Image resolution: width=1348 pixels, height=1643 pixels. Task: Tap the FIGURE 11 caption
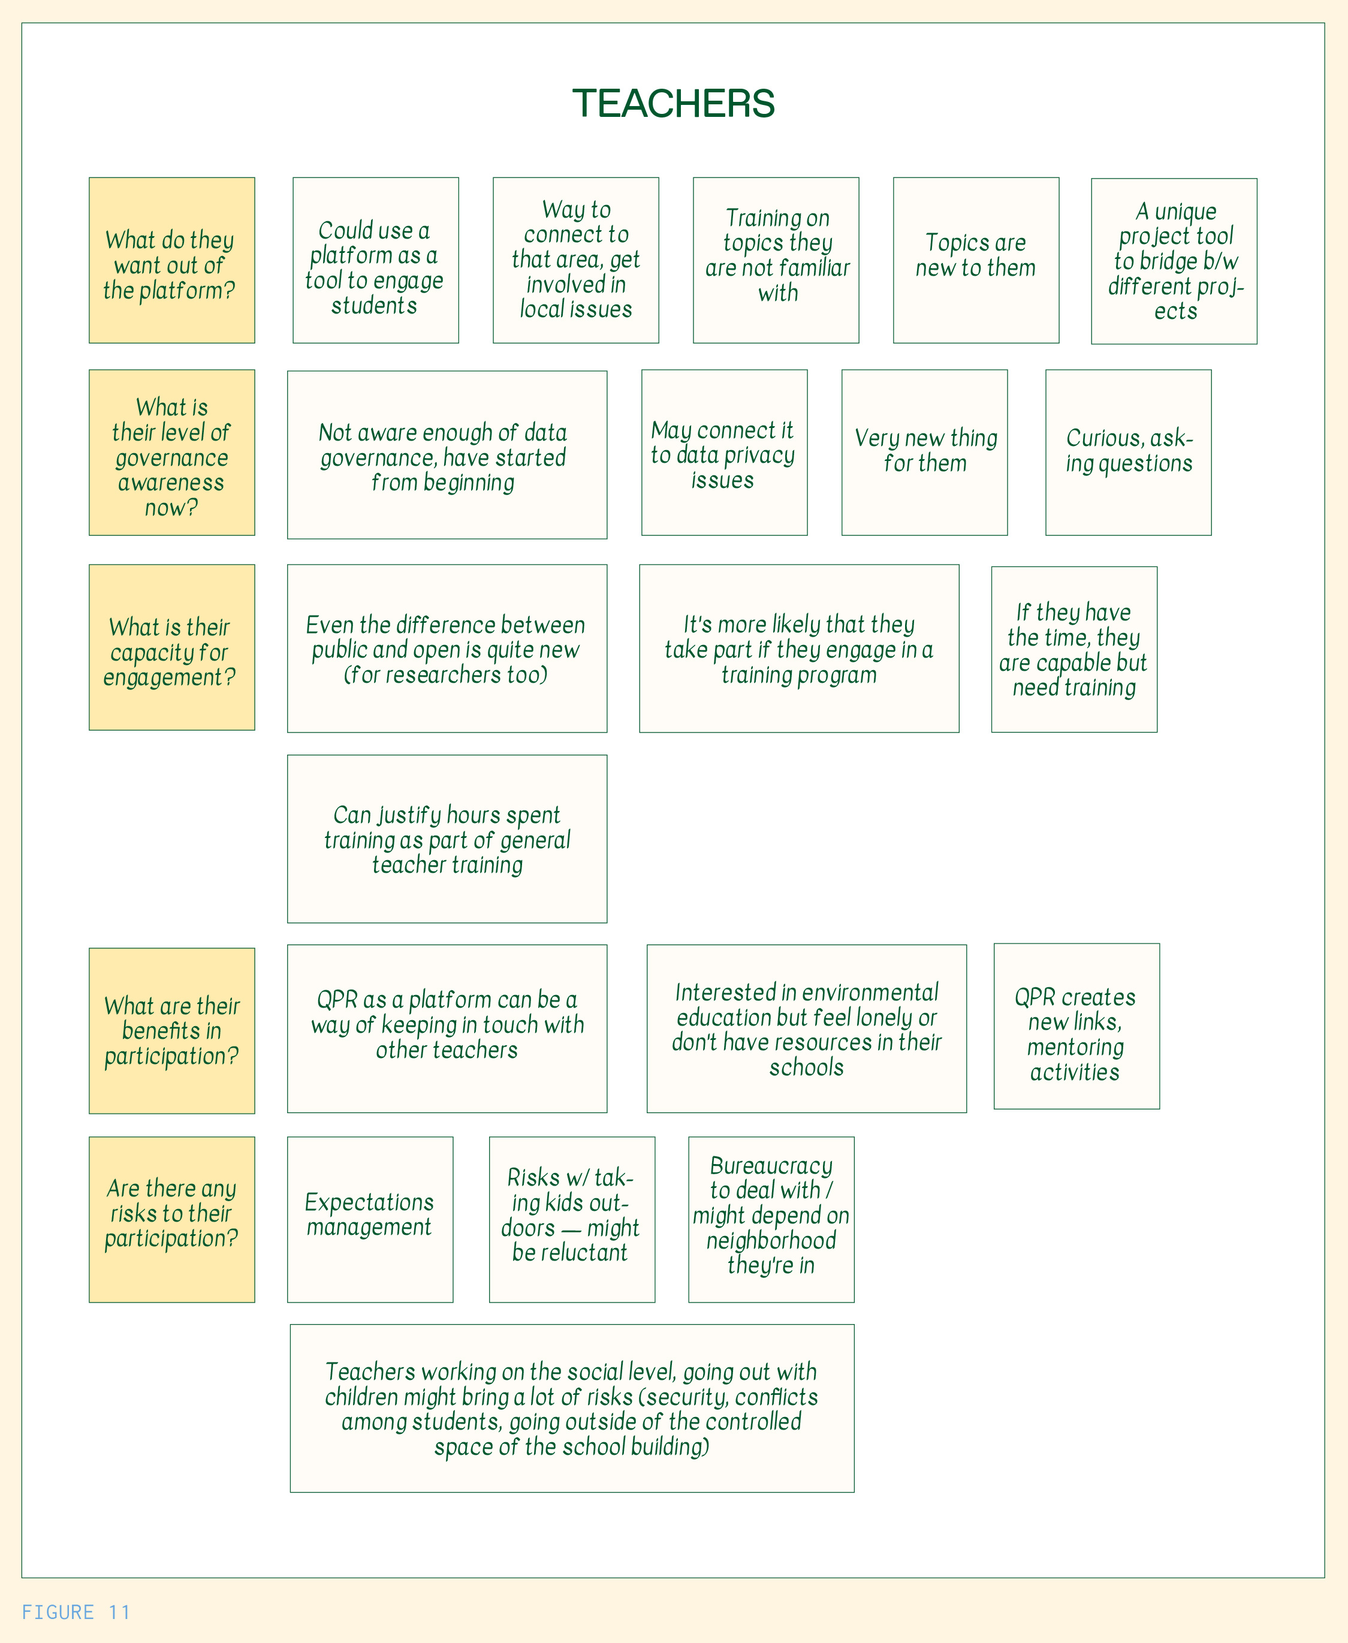pyautogui.click(x=76, y=1612)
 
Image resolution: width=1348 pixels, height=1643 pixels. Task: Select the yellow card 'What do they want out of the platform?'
pyautogui.click(x=171, y=261)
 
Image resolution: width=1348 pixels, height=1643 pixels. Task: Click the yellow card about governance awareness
pyautogui.click(x=171, y=453)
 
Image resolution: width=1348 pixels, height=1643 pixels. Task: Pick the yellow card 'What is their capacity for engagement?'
pyautogui.click(x=171, y=647)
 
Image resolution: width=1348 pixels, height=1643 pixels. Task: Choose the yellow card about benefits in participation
pyautogui.click(x=171, y=1030)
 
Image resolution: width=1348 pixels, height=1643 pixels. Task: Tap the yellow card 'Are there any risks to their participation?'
pyautogui.click(x=171, y=1220)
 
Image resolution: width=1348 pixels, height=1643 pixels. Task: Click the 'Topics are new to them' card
pyautogui.click(x=976, y=261)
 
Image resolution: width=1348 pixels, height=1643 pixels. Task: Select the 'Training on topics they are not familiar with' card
pyautogui.click(x=776, y=261)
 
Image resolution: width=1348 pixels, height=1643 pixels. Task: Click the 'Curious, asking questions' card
pyautogui.click(x=1128, y=453)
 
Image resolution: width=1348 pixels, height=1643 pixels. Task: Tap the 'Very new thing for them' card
pyautogui.click(x=925, y=453)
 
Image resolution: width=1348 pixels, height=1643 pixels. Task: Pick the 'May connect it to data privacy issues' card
pyautogui.click(x=725, y=453)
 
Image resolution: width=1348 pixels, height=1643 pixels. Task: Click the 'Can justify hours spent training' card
pyautogui.click(x=447, y=839)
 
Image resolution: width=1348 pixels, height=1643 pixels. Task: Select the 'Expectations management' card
pyautogui.click(x=370, y=1220)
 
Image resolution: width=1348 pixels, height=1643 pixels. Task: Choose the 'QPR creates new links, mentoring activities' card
pyautogui.click(x=1077, y=1026)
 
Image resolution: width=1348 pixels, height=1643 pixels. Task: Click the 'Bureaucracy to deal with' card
pyautogui.click(x=771, y=1220)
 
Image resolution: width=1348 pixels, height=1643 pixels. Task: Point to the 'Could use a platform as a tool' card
pyautogui.click(x=376, y=261)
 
